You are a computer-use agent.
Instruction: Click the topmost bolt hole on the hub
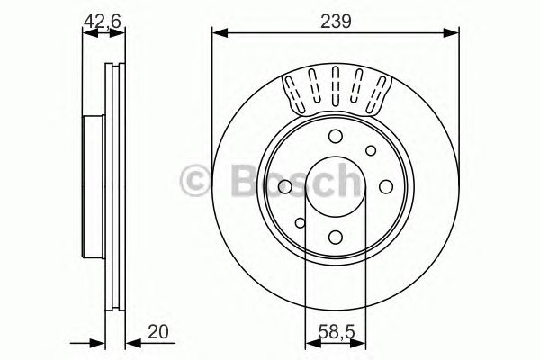point(336,136)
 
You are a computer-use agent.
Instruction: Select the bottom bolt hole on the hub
point(336,238)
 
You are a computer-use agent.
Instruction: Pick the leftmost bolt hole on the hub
point(284,186)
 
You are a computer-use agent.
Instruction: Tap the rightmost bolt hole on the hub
point(386,186)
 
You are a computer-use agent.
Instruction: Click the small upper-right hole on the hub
point(370,151)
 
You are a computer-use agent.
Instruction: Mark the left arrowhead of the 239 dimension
point(218,34)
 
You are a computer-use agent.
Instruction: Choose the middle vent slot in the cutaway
point(336,87)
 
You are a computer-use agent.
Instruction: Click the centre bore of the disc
point(336,186)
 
